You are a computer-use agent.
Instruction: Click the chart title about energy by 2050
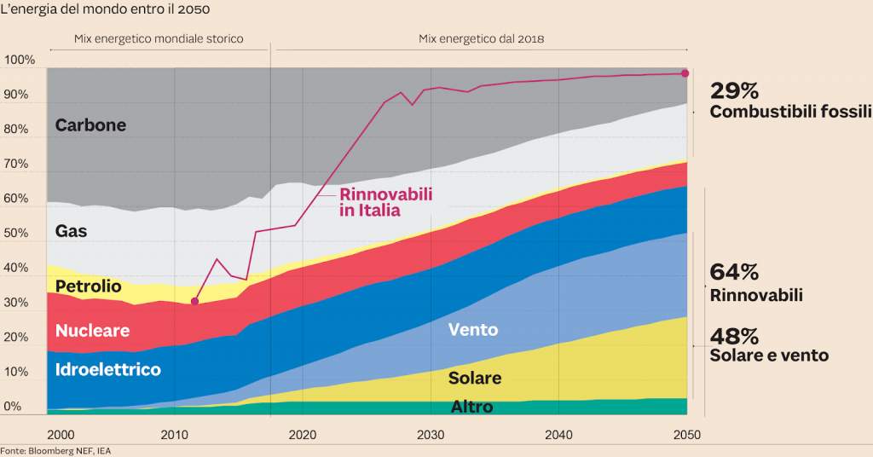106,9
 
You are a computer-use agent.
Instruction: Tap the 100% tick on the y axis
20,61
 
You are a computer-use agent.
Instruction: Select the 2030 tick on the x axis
431,434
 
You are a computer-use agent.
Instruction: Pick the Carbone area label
90,125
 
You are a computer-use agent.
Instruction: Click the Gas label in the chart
71,231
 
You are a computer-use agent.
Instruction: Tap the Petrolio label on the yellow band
88,286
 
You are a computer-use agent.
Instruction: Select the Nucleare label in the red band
92,331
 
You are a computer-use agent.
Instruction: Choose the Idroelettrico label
107,370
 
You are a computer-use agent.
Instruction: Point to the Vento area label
472,330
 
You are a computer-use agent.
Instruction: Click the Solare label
475,378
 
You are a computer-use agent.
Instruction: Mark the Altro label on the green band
471,407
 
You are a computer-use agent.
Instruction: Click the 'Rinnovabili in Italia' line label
385,202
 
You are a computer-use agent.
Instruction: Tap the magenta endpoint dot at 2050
685,73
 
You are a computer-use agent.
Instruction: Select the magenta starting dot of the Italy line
195,301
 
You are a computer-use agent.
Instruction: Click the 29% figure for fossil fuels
733,91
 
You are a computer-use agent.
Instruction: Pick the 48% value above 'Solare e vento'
734,336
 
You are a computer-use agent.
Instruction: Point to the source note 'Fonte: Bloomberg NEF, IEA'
55,450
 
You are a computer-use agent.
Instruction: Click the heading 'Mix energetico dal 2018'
481,39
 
